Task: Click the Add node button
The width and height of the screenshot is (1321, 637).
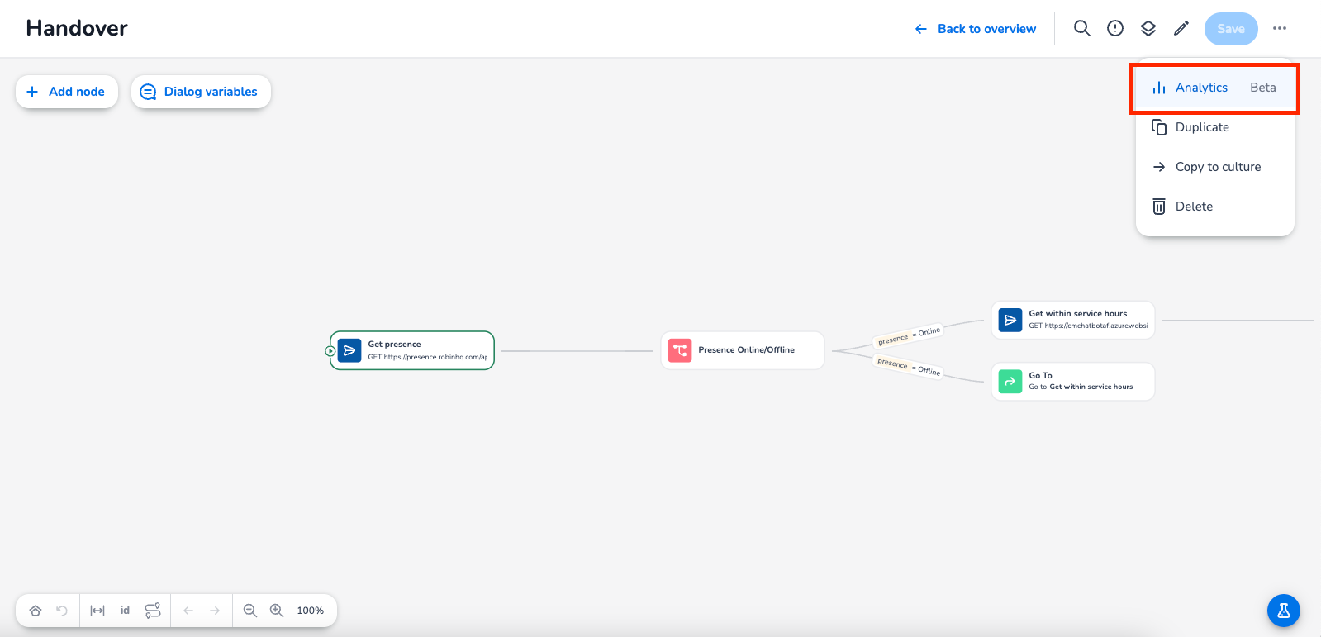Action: (66, 92)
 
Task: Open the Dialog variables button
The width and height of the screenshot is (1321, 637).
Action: (201, 92)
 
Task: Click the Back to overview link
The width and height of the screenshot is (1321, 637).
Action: (976, 29)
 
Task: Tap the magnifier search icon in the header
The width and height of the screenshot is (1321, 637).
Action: (1081, 29)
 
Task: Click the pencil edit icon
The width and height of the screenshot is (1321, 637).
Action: (1181, 29)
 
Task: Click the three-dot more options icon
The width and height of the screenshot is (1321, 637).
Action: (1280, 29)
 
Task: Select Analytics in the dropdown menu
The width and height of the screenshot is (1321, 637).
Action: (1201, 88)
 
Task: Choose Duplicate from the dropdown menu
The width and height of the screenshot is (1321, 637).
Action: (1202, 127)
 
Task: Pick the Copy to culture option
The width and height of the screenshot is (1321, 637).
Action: (1218, 167)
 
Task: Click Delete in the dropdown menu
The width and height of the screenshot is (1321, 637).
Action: (1194, 207)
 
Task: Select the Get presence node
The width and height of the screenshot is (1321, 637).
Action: (412, 351)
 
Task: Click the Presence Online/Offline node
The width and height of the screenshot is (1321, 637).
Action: (743, 350)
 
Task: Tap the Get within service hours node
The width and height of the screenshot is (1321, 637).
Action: (1072, 320)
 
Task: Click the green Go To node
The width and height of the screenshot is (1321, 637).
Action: (1072, 382)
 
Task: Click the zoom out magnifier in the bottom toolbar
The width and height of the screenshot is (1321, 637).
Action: (249, 611)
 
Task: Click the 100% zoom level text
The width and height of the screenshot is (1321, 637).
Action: (311, 611)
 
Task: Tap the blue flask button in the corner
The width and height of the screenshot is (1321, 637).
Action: (1283, 611)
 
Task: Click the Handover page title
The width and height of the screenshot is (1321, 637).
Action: (77, 29)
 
